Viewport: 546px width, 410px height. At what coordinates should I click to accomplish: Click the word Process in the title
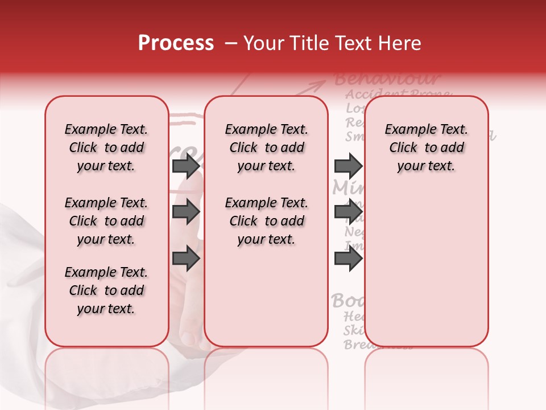click(176, 43)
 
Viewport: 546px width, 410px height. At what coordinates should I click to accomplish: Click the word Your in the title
click(262, 43)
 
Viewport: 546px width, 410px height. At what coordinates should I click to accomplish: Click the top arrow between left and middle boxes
click(186, 166)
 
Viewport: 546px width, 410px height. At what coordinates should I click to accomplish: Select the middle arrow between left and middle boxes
click(186, 212)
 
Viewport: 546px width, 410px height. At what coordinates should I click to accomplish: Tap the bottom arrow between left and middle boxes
click(186, 259)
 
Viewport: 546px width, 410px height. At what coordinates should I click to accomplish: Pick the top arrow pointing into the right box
click(348, 166)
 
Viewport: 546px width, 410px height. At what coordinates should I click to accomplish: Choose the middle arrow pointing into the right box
click(348, 212)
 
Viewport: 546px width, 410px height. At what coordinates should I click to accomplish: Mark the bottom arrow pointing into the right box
click(348, 259)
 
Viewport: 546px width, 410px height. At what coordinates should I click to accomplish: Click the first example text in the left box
click(106, 147)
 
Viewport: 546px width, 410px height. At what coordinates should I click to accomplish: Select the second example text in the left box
click(106, 221)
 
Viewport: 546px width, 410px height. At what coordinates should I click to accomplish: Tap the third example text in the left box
click(106, 290)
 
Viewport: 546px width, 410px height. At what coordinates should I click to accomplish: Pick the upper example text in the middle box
click(266, 147)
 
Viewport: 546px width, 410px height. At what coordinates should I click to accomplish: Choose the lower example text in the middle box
click(266, 221)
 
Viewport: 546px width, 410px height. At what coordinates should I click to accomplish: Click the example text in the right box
click(426, 147)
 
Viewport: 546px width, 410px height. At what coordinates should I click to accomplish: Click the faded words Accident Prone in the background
click(398, 94)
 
